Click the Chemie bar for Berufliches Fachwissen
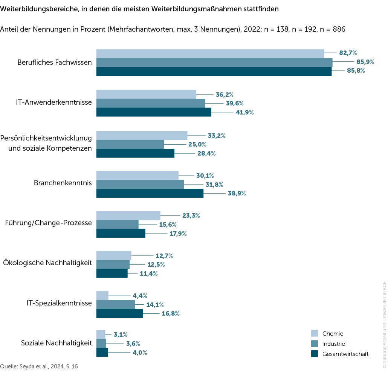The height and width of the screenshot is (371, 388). click(210, 53)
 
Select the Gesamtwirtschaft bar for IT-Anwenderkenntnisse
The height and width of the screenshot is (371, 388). click(154, 112)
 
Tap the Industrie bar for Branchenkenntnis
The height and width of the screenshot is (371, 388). click(140, 184)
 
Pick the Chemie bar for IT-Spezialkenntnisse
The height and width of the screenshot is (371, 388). click(102, 296)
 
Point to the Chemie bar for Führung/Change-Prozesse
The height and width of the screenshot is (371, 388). click(128, 215)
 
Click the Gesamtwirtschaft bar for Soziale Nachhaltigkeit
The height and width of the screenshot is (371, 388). click(102, 352)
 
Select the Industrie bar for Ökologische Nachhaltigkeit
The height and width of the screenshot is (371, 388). click(113, 264)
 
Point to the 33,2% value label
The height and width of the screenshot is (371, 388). click(217, 136)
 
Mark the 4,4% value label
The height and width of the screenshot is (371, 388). click(139, 296)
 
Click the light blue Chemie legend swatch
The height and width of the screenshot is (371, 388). click(315, 333)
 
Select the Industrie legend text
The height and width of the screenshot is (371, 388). click(333, 344)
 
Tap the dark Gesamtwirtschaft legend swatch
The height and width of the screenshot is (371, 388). click(315, 354)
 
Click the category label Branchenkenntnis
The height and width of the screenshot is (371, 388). click(63, 183)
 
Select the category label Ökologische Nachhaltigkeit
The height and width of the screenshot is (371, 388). click(47, 263)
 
